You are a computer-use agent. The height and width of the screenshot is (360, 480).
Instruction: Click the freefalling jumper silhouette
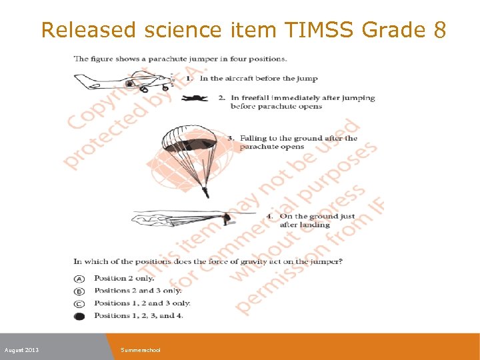pyautogui.click(x=195, y=99)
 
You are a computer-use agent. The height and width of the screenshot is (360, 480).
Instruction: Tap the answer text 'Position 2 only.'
pyautogui.click(x=124, y=278)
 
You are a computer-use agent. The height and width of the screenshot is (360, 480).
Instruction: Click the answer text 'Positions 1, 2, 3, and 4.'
pyautogui.click(x=139, y=316)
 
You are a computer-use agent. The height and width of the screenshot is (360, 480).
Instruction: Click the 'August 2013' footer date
pyautogui.click(x=21, y=350)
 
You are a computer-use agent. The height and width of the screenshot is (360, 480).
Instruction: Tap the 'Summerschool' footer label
pyautogui.click(x=141, y=350)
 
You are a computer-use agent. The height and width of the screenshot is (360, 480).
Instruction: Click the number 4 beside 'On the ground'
pyautogui.click(x=269, y=217)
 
